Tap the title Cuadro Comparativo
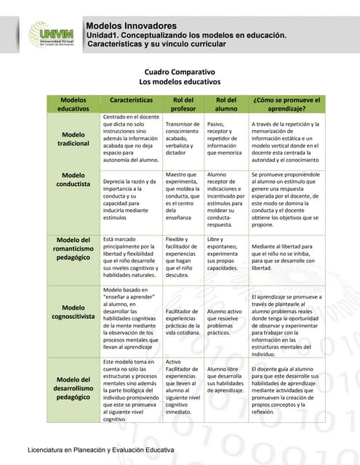click(x=179, y=73)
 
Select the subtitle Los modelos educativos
click(x=179, y=84)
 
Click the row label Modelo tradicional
click(x=73, y=139)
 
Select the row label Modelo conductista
click(x=73, y=180)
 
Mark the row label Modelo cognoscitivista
click(x=73, y=312)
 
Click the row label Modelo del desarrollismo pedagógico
click(x=73, y=389)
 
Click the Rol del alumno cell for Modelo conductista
click(x=227, y=199)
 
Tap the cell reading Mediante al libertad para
click(x=285, y=257)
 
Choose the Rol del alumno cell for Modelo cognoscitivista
click(x=227, y=320)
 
